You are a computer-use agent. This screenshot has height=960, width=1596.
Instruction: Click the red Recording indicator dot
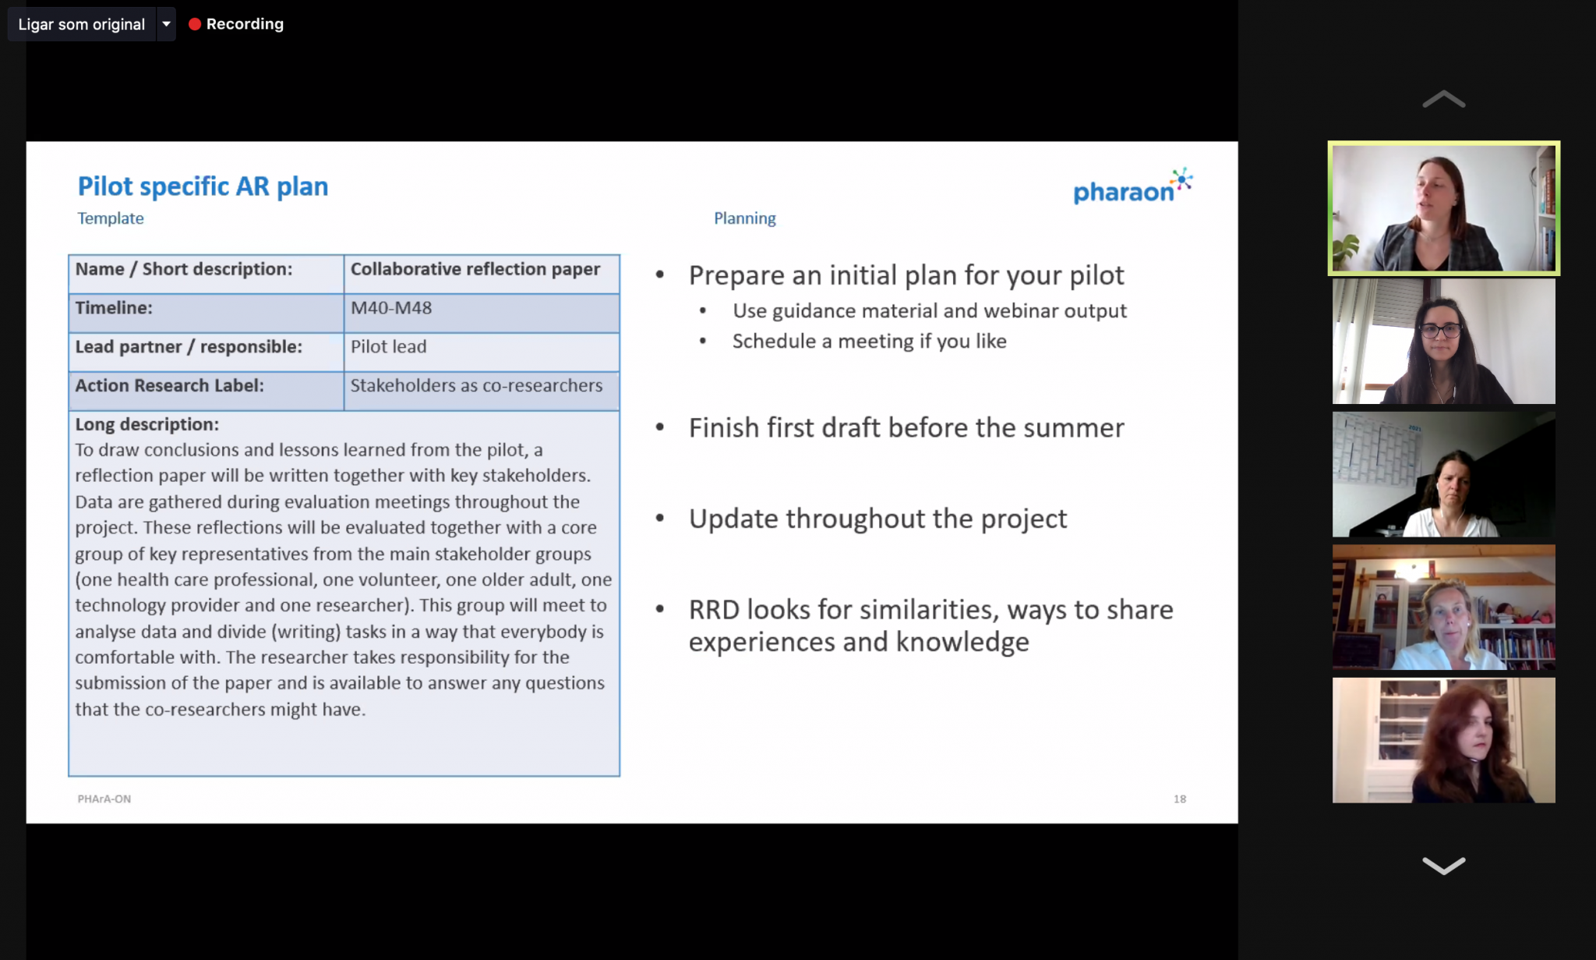tap(195, 24)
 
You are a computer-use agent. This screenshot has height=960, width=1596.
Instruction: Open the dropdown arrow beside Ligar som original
tap(166, 24)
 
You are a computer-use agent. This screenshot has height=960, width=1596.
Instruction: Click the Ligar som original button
tap(82, 24)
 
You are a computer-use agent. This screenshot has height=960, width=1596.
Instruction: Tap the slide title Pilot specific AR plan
tap(203, 186)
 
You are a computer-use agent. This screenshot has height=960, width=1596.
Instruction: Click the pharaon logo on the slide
tap(1132, 186)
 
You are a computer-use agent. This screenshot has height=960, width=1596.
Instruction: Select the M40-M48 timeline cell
tap(482, 313)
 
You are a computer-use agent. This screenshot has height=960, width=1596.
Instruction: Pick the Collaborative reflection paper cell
tap(482, 274)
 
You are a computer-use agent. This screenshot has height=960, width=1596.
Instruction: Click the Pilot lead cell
tap(482, 352)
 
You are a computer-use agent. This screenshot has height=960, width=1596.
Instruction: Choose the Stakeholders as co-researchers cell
tap(482, 391)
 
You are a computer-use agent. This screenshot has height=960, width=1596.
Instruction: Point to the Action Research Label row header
tap(207, 391)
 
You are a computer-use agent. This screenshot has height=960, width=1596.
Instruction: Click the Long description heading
tap(147, 424)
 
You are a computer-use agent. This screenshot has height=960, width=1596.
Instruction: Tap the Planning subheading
tap(745, 218)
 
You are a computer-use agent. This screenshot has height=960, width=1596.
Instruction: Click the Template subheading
tap(111, 218)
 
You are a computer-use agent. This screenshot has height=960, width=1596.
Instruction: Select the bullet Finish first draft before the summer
tap(906, 428)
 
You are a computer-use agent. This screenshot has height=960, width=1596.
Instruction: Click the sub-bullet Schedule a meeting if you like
tap(869, 342)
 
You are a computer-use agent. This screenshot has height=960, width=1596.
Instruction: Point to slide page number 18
tap(1180, 799)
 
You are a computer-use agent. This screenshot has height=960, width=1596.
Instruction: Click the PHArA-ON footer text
tap(104, 799)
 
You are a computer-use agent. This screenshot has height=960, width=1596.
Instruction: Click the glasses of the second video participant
tap(1440, 331)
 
